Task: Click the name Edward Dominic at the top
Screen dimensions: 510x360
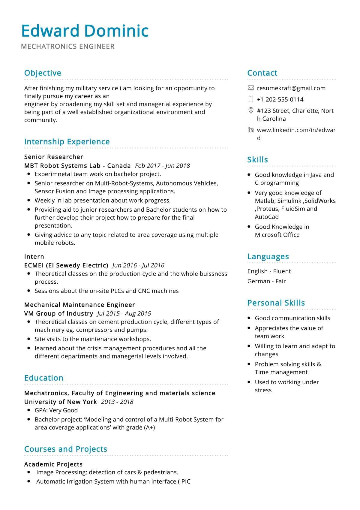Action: pos(85,31)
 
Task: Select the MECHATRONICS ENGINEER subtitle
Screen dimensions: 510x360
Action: pos(68,47)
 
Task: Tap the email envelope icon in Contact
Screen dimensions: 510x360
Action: pos(251,88)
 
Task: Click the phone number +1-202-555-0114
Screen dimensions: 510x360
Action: pos(280,99)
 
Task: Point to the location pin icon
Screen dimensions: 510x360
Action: pos(251,111)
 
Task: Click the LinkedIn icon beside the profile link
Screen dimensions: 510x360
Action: pos(251,130)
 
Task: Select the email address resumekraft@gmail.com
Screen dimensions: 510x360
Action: pos(291,88)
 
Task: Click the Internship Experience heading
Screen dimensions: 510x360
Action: pos(67,142)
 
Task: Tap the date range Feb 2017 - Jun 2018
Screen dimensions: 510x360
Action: pos(162,166)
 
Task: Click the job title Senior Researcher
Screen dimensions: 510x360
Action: pos(54,157)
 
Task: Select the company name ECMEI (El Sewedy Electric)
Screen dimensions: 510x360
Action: pos(66,265)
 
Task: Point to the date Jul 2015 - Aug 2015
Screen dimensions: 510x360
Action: pos(124,314)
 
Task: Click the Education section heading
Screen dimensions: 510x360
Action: pos(44,378)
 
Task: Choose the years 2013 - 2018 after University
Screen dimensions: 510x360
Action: pos(117,402)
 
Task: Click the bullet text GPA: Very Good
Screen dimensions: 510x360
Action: pos(56,410)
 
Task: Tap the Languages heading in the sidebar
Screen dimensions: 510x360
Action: pos(268,257)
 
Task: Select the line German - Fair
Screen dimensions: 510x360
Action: pos(266,281)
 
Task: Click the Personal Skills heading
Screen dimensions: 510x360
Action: pos(276,303)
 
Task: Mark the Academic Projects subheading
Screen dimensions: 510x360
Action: pos(53,464)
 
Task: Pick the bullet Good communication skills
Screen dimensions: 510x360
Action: pos(292,318)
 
